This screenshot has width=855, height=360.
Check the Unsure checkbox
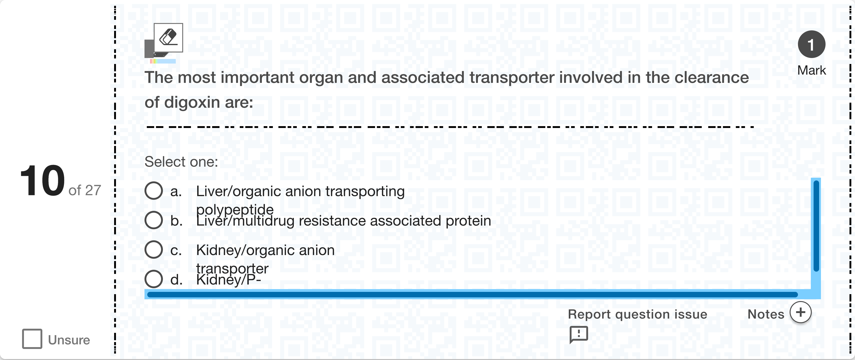[x=32, y=339]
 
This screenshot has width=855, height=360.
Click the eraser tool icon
[x=168, y=38]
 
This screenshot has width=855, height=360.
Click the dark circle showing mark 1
[x=812, y=44]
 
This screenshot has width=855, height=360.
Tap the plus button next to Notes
[x=800, y=312]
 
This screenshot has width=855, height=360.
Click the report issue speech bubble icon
[x=578, y=334]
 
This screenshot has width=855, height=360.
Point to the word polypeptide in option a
[x=235, y=209]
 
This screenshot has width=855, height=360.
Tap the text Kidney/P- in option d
[x=228, y=280]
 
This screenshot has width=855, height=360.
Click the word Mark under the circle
[x=812, y=70]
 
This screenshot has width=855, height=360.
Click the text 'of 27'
[x=85, y=190]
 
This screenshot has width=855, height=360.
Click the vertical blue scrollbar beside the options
[x=816, y=226]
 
